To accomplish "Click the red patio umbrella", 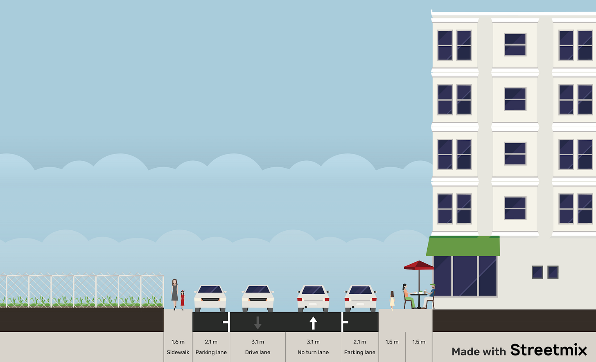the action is [x=419, y=265].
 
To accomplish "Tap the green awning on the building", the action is [x=463, y=246].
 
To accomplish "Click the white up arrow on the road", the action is [x=313, y=323].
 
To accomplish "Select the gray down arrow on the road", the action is [x=257, y=323].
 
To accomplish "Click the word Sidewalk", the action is [x=178, y=352].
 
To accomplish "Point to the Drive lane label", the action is [x=257, y=352].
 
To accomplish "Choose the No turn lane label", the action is [x=313, y=352].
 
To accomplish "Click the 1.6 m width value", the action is [x=178, y=342].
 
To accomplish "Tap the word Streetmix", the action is [x=549, y=350].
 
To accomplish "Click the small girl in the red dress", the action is [x=183, y=299].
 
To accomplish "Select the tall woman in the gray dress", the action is [x=175, y=293].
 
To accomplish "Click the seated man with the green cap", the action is [x=431, y=295].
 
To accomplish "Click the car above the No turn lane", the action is [x=313, y=298].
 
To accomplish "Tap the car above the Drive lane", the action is [x=257, y=298].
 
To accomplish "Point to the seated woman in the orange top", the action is [x=407, y=295].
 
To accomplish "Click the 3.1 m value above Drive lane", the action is [x=257, y=342].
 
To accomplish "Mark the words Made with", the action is [x=479, y=351].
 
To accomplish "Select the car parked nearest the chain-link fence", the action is [x=210, y=298].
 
